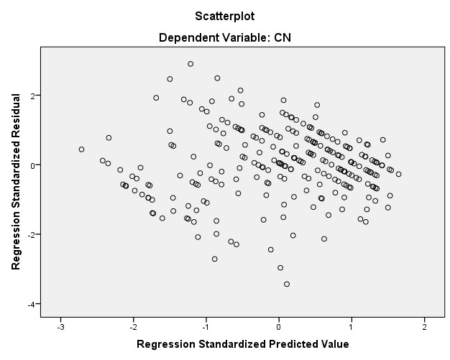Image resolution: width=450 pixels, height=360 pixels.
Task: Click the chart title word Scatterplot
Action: pyautogui.click(x=224, y=15)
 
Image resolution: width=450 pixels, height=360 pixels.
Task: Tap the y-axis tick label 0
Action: pyautogui.click(x=34, y=165)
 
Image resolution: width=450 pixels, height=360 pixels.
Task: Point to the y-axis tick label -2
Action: pyautogui.click(x=32, y=235)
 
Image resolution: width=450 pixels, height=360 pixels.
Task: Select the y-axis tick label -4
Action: pyautogui.click(x=32, y=305)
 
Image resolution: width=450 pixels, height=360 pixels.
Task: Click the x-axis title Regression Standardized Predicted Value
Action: pyautogui.click(x=242, y=344)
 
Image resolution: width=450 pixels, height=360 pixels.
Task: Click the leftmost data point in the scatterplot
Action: pyautogui.click(x=81, y=149)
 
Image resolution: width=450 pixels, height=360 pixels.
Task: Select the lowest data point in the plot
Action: pyautogui.click(x=287, y=284)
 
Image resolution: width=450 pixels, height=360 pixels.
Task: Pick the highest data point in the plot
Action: pyautogui.click(x=190, y=64)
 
